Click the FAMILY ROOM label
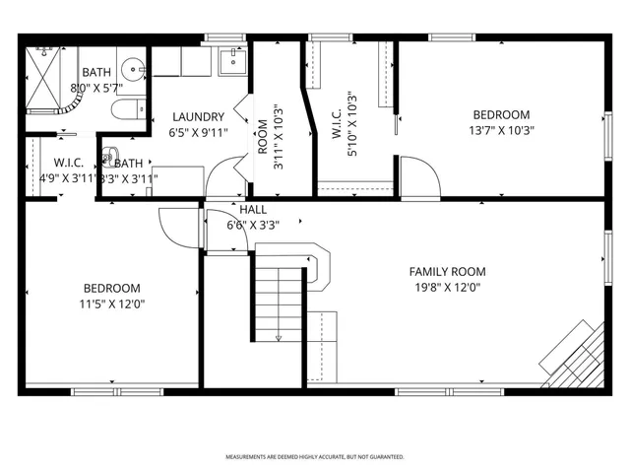pos(448,272)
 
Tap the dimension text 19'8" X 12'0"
pos(448,288)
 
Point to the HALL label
pos(253,209)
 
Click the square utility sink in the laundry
pos(233,62)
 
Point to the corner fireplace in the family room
pos(575,357)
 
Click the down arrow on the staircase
pos(279,336)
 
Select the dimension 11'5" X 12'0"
pos(112,304)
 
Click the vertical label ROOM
pos(262,133)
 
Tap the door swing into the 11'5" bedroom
pos(180,228)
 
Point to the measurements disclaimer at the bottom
pos(315,457)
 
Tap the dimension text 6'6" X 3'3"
pos(253,224)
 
